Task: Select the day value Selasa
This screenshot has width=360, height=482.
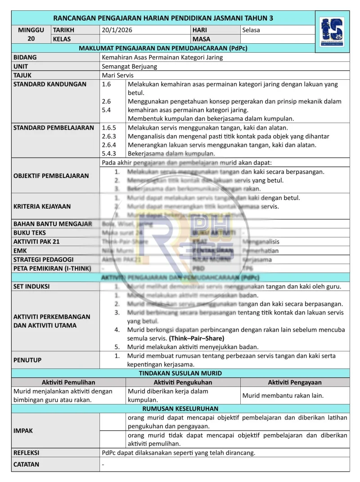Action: pos(251,30)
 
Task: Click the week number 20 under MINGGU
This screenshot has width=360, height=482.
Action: pos(31,39)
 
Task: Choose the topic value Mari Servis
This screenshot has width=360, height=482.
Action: pos(117,75)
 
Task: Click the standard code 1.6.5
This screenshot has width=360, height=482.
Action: pos(109,127)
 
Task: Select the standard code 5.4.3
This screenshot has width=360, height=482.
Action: pos(109,153)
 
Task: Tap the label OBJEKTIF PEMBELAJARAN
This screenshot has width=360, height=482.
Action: pos(51,176)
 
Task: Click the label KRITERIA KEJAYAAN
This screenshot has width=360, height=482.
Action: pos(42,206)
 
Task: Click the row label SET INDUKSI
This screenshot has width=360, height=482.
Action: pos(31,286)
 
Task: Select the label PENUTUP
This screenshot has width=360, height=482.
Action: pos(27,360)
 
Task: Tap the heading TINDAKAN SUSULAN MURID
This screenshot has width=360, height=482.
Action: pos(180,373)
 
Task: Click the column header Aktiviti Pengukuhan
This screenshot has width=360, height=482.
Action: pos(183,382)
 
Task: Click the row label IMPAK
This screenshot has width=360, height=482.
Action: pos(23,431)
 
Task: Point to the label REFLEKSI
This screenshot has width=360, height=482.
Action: pos(26,452)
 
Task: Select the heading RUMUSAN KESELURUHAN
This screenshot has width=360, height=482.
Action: pos(180,409)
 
